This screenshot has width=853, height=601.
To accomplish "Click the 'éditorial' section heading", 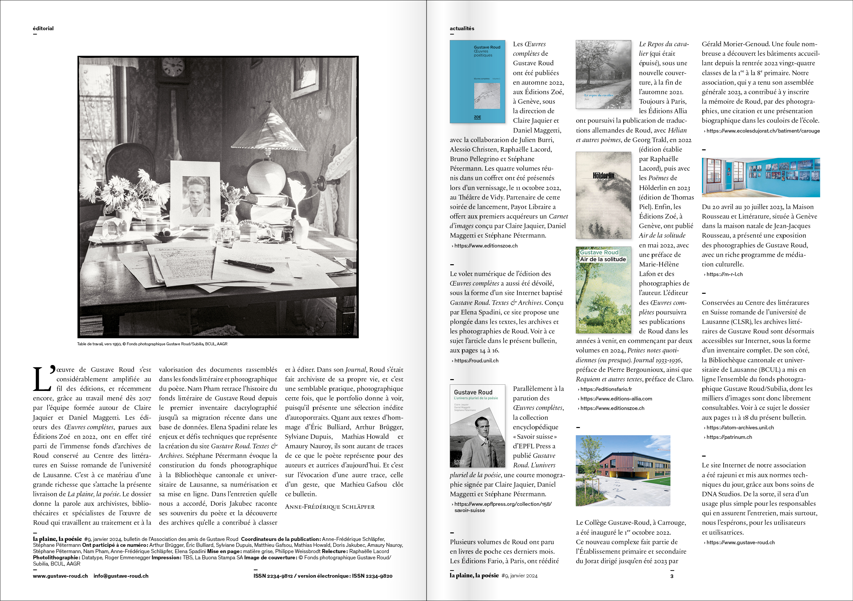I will tap(43, 28).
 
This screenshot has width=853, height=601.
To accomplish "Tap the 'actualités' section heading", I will tap(462, 28).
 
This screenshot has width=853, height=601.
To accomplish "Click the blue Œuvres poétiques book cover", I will tap(477, 82).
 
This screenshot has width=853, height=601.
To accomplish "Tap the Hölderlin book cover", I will tap(603, 195).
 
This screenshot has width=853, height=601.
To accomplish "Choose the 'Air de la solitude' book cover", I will tap(603, 290).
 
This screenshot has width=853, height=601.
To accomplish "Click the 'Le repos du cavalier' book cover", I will tap(603, 74).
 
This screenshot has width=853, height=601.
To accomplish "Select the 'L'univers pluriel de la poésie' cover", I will tap(477, 426).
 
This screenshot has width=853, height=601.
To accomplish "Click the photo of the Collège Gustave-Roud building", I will tap(623, 470).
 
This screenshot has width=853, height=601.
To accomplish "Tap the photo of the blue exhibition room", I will tap(760, 177).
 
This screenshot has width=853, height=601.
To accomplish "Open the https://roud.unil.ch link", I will tap(476, 360).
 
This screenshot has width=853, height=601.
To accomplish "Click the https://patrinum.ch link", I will tap(729, 437).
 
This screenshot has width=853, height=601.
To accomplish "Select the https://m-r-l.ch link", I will tap(724, 274).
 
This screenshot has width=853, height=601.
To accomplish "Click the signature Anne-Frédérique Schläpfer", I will tap(330, 507).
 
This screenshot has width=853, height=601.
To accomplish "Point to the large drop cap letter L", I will tap(42, 379).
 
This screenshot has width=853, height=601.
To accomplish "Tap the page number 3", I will tap(672, 576).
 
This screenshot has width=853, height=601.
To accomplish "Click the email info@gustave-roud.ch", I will tap(121, 576).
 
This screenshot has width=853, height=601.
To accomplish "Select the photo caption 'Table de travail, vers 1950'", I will tap(152, 344).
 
